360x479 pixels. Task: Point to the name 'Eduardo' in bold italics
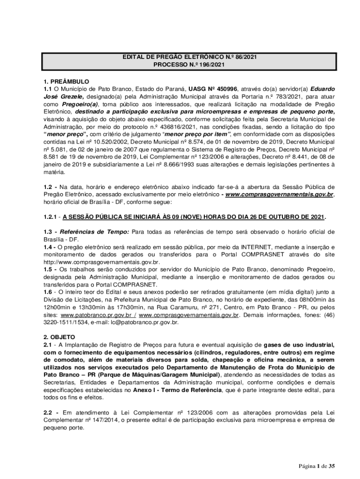pos(322,89)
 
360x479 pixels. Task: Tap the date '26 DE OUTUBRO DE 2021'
pos(286,217)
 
